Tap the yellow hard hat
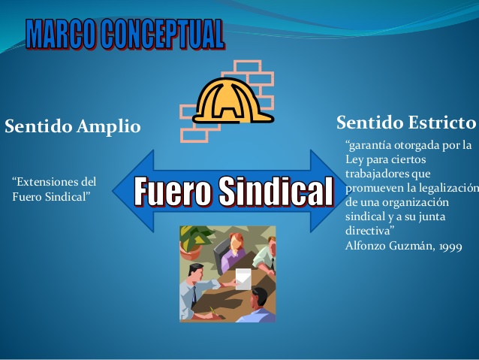pos(233,100)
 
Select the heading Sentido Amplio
pos(73,126)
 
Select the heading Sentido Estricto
pos(405,122)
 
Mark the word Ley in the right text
pos(354,159)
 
